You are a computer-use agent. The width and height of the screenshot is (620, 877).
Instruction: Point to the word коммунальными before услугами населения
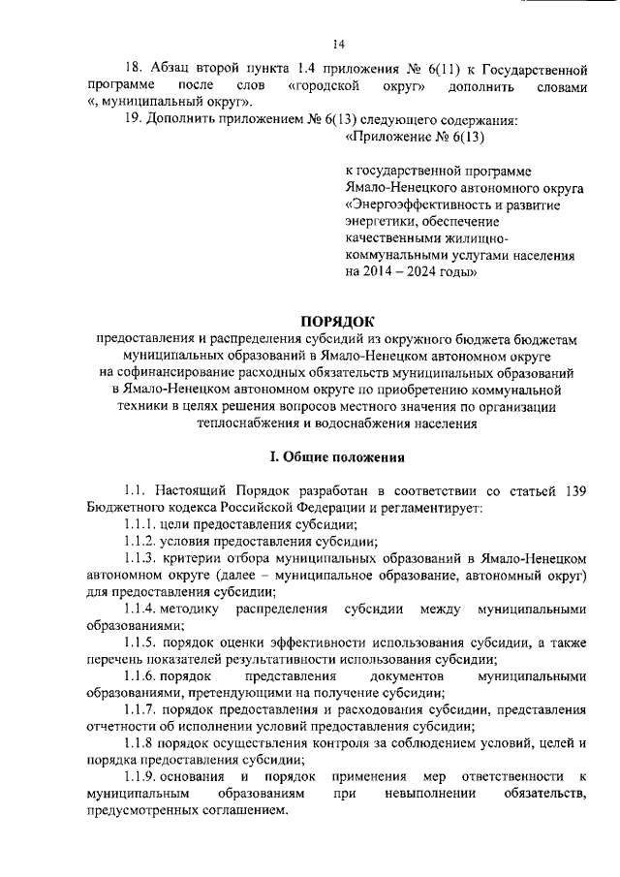[x=388, y=256]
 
